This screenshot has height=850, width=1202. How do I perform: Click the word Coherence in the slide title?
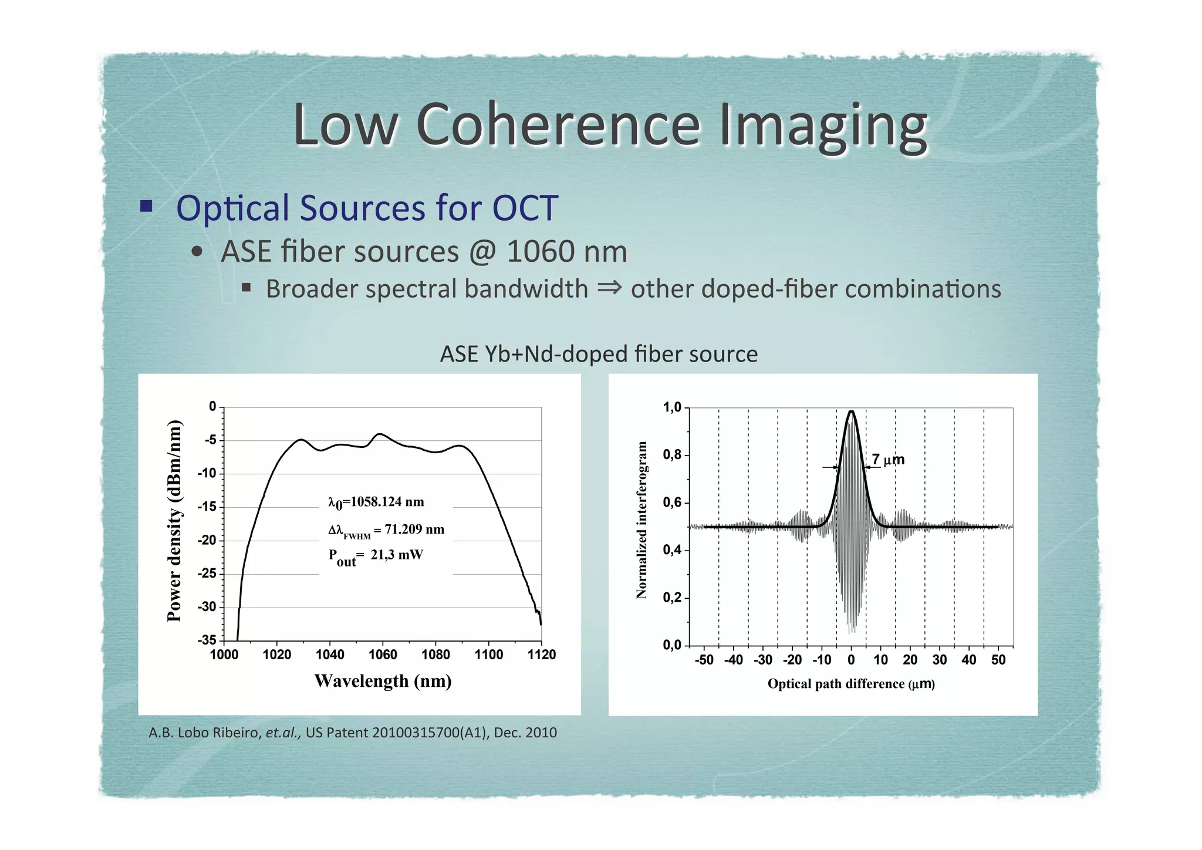[x=558, y=124]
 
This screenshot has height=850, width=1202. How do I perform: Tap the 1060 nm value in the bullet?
[x=566, y=251]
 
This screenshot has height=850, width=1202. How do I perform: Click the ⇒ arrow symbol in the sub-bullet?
[x=609, y=288]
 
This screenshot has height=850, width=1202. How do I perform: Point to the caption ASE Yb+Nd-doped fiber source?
[x=599, y=354]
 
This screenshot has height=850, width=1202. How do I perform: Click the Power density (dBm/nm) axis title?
[x=174, y=521]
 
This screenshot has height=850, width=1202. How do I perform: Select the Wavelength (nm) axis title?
[x=383, y=681]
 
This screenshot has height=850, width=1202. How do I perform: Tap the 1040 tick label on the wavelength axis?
[x=330, y=655]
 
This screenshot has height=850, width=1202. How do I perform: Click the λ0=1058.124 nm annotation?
[x=376, y=502]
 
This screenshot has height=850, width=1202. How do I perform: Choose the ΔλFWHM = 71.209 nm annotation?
[x=386, y=530]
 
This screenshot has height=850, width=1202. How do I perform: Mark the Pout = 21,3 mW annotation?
[x=375, y=556]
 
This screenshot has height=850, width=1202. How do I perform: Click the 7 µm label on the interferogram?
[x=887, y=460]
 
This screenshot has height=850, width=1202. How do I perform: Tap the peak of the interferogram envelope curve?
[x=851, y=411]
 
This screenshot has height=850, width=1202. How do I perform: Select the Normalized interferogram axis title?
[x=641, y=520]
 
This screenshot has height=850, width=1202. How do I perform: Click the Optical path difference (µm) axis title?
[x=850, y=684]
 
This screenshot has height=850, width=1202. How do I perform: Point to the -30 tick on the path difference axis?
[x=762, y=660]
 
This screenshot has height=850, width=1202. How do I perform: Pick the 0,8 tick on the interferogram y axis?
[x=672, y=455]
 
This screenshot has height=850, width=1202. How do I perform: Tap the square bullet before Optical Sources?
[x=146, y=206]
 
